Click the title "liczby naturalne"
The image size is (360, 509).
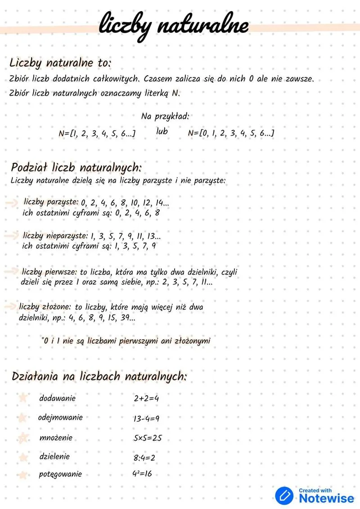[x=173, y=25]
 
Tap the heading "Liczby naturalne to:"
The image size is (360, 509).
[x=60, y=62]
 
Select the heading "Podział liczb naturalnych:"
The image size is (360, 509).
[x=76, y=168]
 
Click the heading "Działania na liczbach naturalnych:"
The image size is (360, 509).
[x=99, y=376]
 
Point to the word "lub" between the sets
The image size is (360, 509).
[x=162, y=132]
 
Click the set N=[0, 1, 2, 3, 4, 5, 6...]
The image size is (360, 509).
[x=231, y=133]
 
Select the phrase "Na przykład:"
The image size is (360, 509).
[x=165, y=117]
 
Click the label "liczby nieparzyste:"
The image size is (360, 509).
[x=55, y=235]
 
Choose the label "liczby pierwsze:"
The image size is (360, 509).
[x=50, y=272]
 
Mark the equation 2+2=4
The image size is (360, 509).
[x=146, y=399]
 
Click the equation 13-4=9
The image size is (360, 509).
[x=146, y=419]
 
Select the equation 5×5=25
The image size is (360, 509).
[x=148, y=438]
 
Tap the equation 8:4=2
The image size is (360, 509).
[x=144, y=458]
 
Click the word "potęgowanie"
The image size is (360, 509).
[x=61, y=474]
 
